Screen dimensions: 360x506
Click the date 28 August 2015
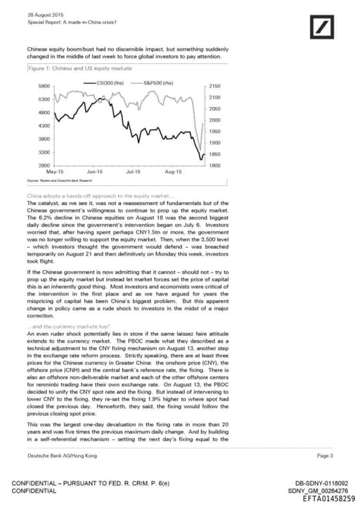pos(44,14)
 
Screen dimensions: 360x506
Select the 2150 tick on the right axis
pos(215,86)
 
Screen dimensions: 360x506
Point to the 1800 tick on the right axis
pos(215,165)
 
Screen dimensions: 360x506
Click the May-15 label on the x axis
pos(54,172)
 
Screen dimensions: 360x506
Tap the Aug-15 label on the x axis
pos(173,172)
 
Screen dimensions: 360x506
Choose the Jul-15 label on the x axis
pos(133,172)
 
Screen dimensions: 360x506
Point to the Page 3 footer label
pos(325,455)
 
